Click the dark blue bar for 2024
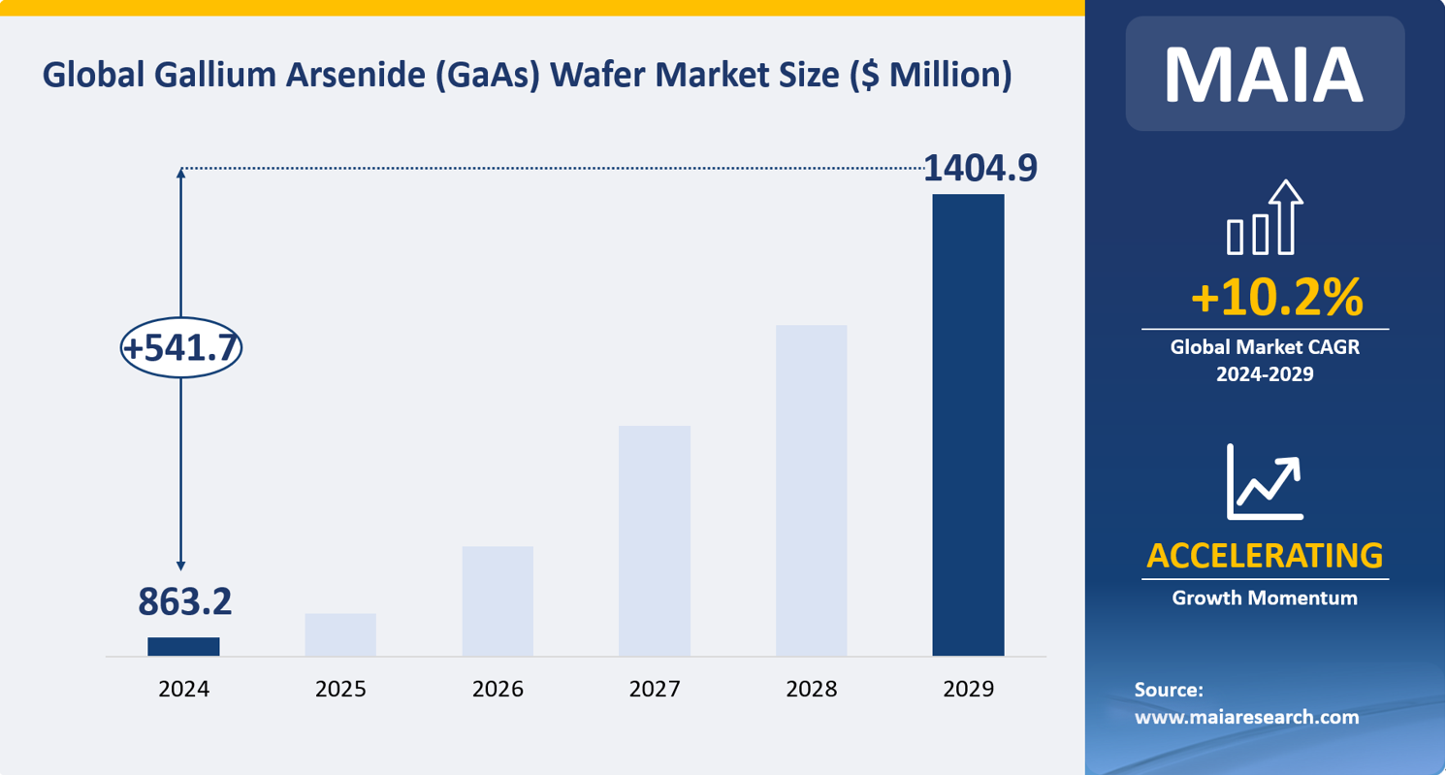point(183,646)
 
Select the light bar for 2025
point(340,634)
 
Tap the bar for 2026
point(498,601)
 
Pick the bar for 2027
point(655,540)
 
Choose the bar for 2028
point(811,490)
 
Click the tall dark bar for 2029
point(968,425)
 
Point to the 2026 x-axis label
point(498,690)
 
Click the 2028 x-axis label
point(811,690)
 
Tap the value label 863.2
point(184,602)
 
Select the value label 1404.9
point(980,168)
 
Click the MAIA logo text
point(1265,74)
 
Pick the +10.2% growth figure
point(1276,298)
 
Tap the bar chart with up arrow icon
point(1265,218)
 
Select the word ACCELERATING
point(1265,556)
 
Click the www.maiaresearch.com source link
point(1247,718)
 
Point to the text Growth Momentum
point(1265,598)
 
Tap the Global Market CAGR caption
point(1265,347)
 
